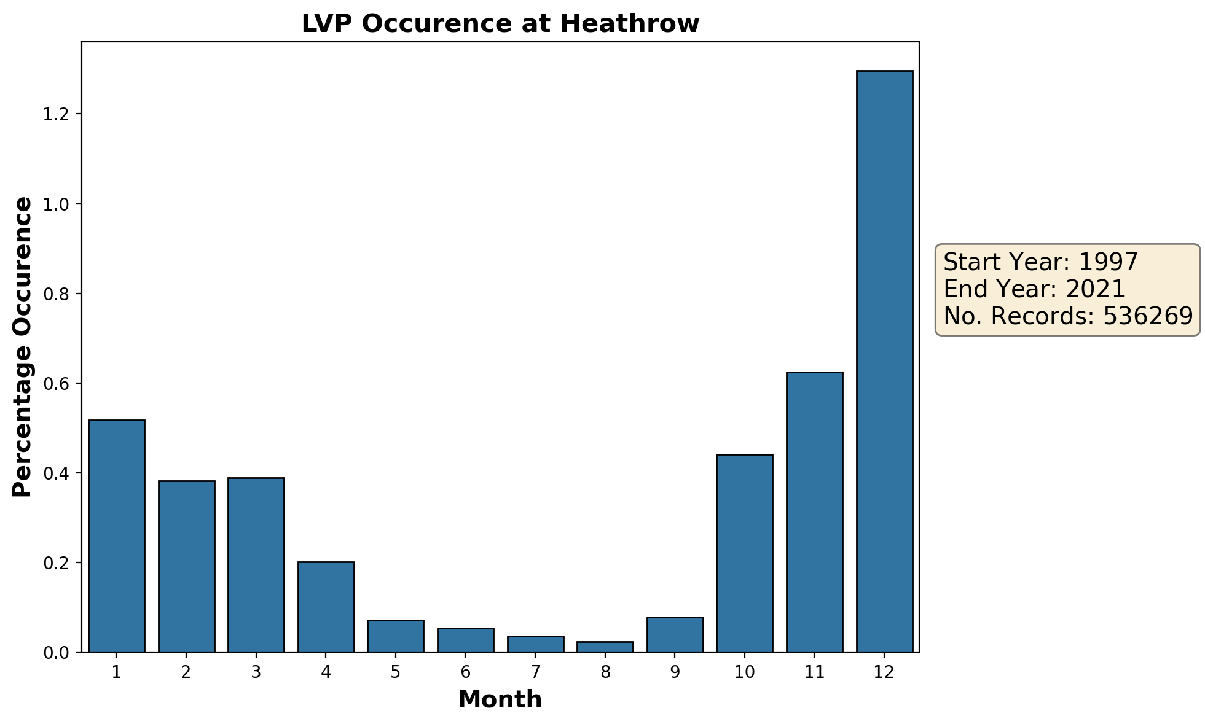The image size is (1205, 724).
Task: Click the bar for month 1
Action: (116, 535)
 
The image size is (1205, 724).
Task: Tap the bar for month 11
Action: (814, 512)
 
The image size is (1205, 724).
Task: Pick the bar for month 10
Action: (744, 553)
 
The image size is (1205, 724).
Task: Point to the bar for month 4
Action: (326, 606)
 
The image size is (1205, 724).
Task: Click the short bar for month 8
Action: (605, 647)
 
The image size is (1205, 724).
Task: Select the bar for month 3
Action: (256, 564)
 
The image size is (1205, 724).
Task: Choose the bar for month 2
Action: (186, 566)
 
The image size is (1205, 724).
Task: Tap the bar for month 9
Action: (675, 634)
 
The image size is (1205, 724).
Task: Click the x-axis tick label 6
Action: (465, 672)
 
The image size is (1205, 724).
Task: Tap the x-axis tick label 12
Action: (884, 672)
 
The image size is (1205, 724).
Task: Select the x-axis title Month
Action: (500, 699)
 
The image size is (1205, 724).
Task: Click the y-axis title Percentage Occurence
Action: (23, 347)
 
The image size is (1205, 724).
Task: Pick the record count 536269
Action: (1148, 316)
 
